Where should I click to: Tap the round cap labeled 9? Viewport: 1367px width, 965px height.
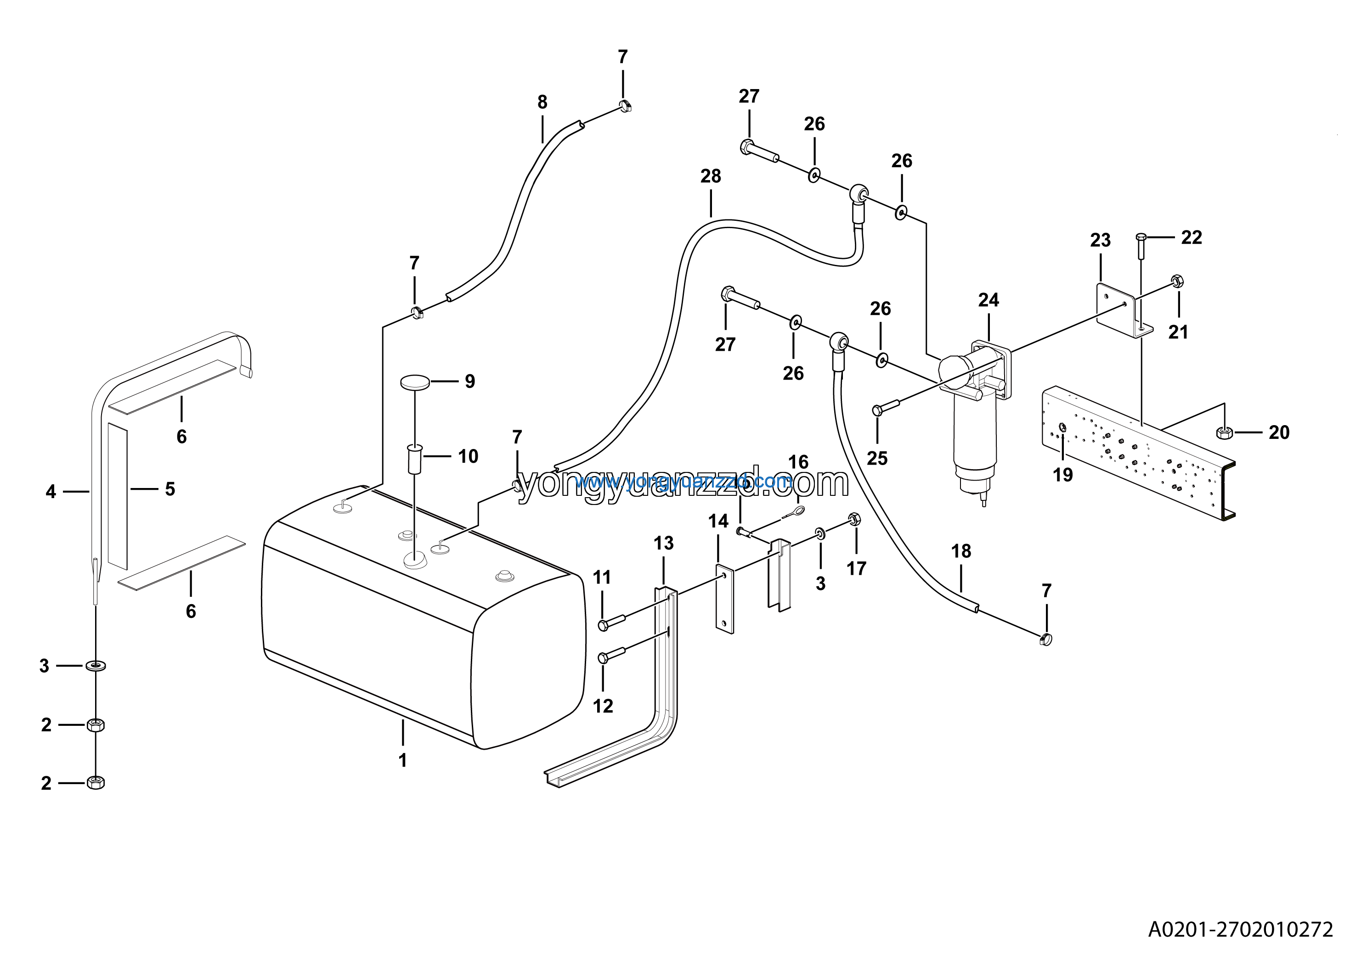[x=415, y=382]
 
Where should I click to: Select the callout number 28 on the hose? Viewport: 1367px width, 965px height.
[x=710, y=176]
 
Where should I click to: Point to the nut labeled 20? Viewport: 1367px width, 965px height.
[x=1224, y=432]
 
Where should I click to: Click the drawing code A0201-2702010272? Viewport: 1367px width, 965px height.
[x=1240, y=929]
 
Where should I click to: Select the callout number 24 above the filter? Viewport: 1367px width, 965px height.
[x=989, y=300]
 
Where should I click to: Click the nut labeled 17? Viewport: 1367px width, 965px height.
[x=853, y=519]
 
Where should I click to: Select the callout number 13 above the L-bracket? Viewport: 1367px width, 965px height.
[x=663, y=543]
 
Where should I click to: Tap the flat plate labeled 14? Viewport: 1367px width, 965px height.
[x=724, y=600]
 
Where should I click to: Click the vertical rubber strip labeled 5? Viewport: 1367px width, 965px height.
[x=118, y=495]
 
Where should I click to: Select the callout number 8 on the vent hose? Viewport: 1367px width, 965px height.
[x=542, y=102]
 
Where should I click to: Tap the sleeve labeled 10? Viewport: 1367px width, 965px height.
[x=414, y=459]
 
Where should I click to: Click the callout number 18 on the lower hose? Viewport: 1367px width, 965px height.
[x=961, y=551]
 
